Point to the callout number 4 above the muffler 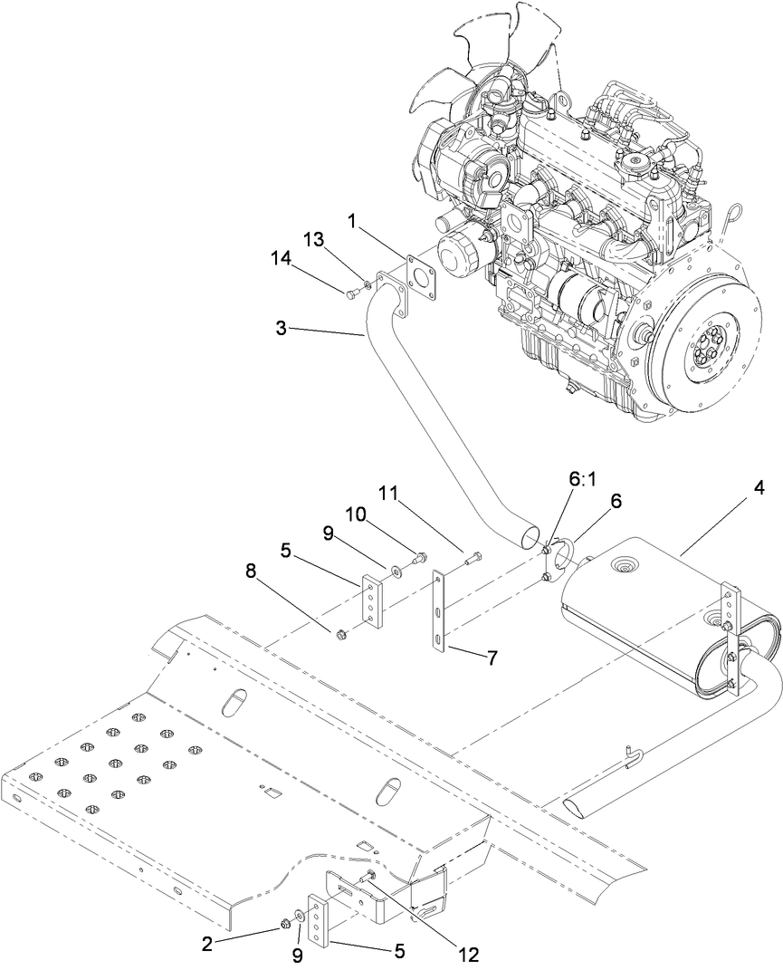click(758, 488)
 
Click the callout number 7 click(492, 658)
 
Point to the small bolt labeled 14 click(352, 293)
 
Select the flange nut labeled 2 click(284, 925)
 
